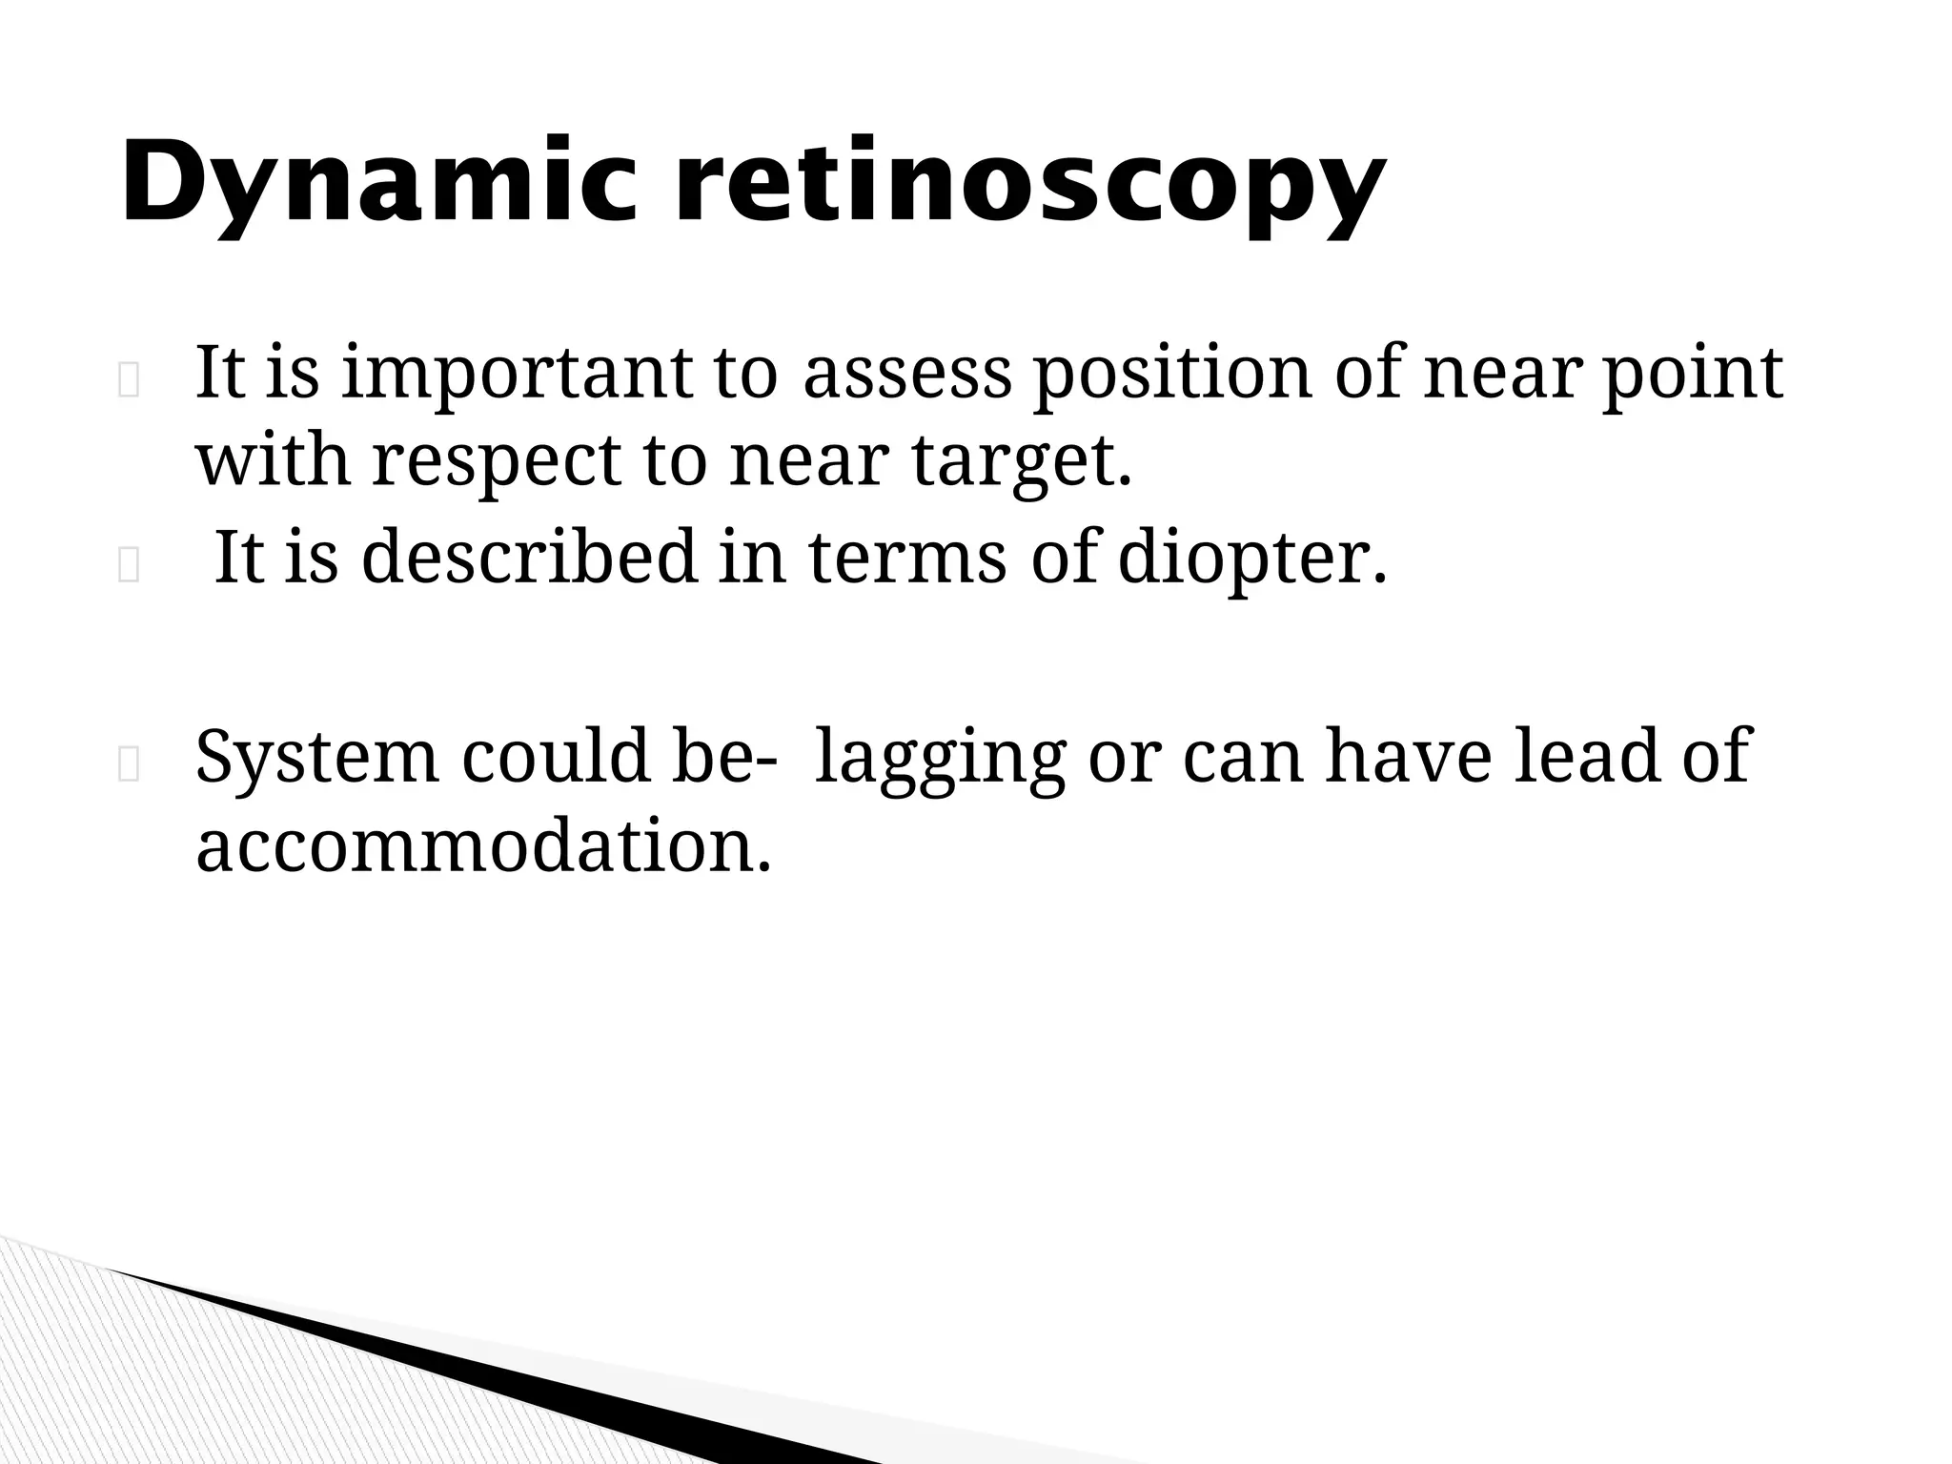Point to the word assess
coord(906,374)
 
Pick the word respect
coord(496,460)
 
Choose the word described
coord(529,558)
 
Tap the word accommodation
coord(482,845)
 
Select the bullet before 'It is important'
coord(129,382)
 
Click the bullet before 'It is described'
coord(129,567)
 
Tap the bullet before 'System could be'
coord(129,765)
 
